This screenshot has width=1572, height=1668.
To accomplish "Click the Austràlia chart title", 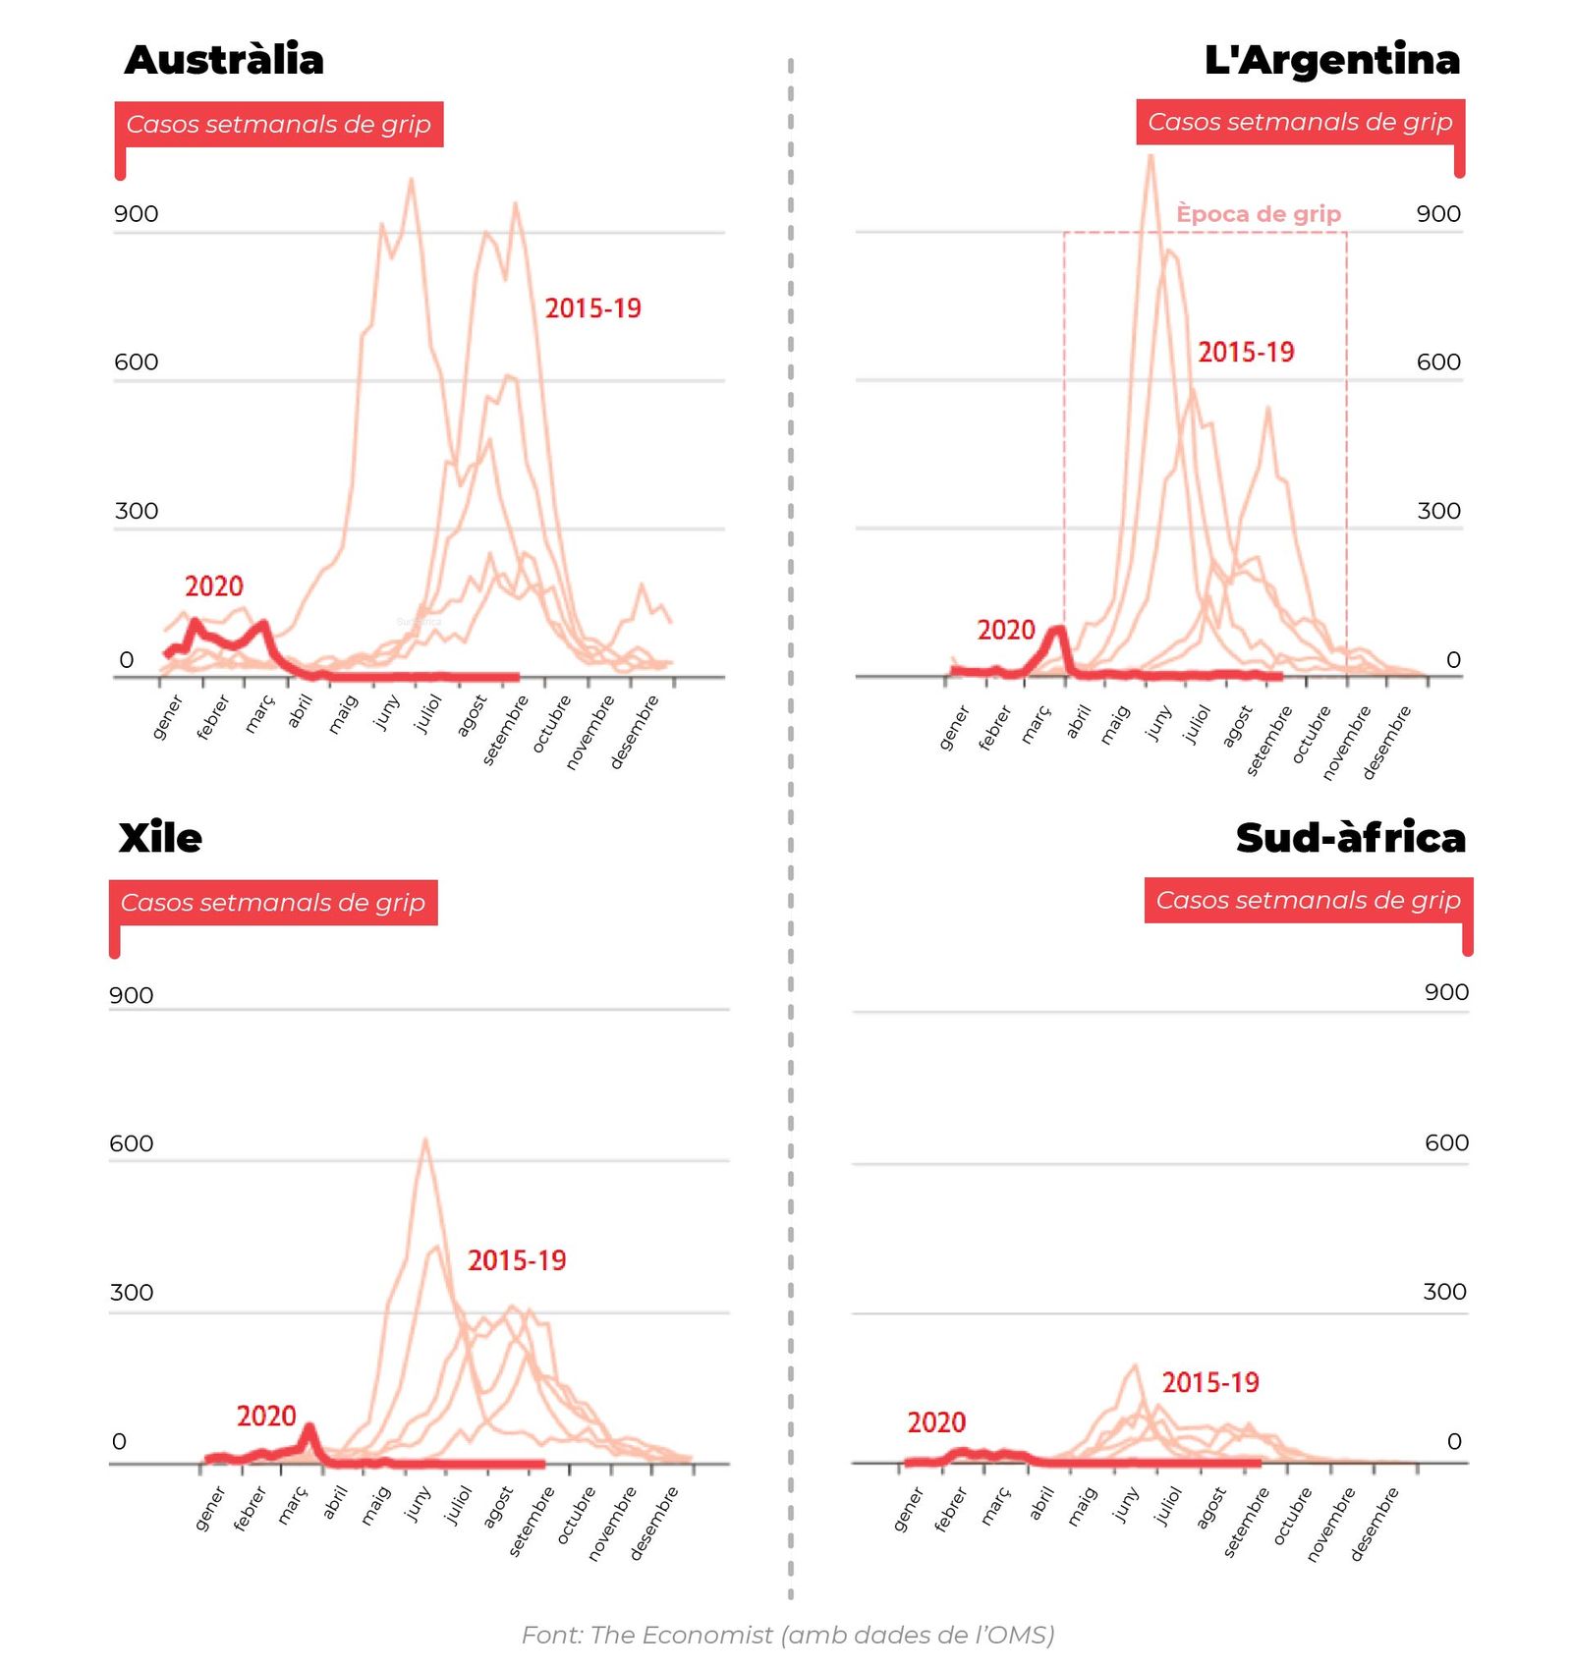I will point(224,60).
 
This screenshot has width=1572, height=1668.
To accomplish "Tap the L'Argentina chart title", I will point(1331,60).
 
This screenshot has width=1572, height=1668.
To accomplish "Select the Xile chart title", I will point(160,838).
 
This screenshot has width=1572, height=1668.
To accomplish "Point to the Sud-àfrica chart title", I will point(1350,838).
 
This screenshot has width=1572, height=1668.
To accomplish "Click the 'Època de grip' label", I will point(1258,214).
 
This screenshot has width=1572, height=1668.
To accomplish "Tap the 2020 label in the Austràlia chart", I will point(214,586).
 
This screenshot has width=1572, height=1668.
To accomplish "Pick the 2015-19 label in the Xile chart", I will point(517,1260).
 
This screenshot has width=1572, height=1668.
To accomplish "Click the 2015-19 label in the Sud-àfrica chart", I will point(1210,1383).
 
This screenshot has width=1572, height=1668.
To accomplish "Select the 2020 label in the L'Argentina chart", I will point(1006,630).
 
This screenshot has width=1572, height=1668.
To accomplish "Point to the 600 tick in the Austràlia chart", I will point(136,362).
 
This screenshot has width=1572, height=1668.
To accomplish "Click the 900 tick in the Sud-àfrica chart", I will point(1446,992).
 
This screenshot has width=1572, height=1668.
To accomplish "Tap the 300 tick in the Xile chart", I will point(132,1293).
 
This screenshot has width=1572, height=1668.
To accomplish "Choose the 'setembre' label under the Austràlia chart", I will point(506,730).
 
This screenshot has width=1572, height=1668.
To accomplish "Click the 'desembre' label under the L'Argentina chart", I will point(1387,742).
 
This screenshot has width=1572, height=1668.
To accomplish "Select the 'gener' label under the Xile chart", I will point(210,1509).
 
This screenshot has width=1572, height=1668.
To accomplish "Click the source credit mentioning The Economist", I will point(788,1635).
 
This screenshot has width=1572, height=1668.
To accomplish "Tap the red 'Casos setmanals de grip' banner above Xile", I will point(273,903).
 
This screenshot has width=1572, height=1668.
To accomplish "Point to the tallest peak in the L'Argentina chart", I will point(1151,157).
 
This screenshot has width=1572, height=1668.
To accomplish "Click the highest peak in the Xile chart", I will point(425,1140).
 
